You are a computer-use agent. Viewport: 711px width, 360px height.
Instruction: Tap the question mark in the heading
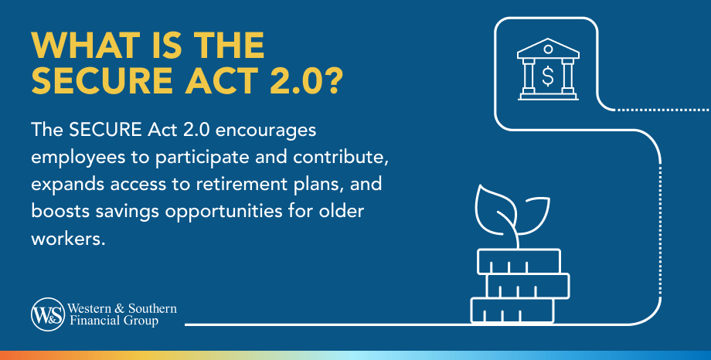tap(333, 80)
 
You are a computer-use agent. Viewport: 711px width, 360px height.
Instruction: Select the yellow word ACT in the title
tap(220, 80)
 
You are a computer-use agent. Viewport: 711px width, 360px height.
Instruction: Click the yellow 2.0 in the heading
tap(296, 80)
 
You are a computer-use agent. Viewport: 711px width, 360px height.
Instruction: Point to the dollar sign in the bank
tap(548, 76)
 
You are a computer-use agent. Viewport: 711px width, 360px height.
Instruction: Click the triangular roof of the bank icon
tap(548, 48)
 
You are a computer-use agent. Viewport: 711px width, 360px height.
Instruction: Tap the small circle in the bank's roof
tap(548, 49)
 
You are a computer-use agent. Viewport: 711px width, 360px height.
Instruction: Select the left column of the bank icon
tap(529, 76)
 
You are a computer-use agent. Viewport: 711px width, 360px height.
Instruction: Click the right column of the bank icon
tap(568, 76)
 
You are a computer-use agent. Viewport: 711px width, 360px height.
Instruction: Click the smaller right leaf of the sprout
tap(533, 216)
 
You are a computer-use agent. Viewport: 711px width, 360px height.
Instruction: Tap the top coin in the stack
tap(519, 262)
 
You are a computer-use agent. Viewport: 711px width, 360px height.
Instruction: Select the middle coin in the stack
tap(528, 286)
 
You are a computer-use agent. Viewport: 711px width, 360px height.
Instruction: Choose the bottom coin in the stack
tap(512, 311)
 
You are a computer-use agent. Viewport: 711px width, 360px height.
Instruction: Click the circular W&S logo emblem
tap(48, 314)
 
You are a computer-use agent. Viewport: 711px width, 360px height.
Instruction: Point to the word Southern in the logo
tap(152, 309)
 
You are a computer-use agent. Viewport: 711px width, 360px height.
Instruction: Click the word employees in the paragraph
tap(78, 158)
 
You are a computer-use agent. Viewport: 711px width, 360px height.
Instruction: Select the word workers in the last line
tap(68, 239)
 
